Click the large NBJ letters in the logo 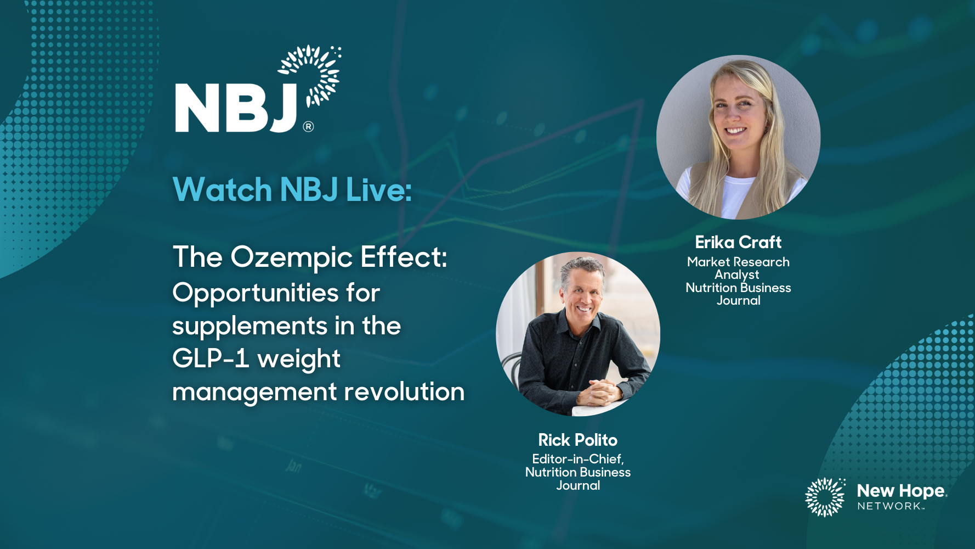(x=236, y=108)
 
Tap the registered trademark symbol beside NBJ (x=309, y=127)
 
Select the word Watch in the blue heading (x=222, y=189)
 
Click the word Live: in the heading (x=379, y=189)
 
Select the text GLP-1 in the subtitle (x=211, y=359)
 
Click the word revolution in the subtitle (x=404, y=392)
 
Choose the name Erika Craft (x=738, y=242)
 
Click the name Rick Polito (x=578, y=440)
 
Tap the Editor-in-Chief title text (x=578, y=459)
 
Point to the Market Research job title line (x=738, y=262)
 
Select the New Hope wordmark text (x=902, y=491)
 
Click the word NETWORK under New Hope (x=889, y=506)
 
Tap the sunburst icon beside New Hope (x=825, y=497)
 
